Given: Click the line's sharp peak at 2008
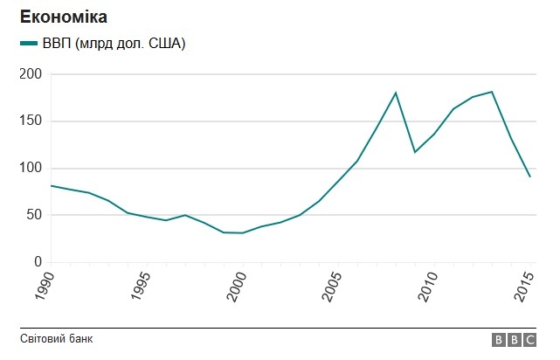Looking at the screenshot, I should coord(396,93).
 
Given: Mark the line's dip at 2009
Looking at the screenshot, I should coord(415,152).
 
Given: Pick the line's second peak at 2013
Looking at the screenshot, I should coord(492,92).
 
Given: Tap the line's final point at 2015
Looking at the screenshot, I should coord(530,177).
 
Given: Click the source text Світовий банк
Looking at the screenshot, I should coord(56,339).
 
